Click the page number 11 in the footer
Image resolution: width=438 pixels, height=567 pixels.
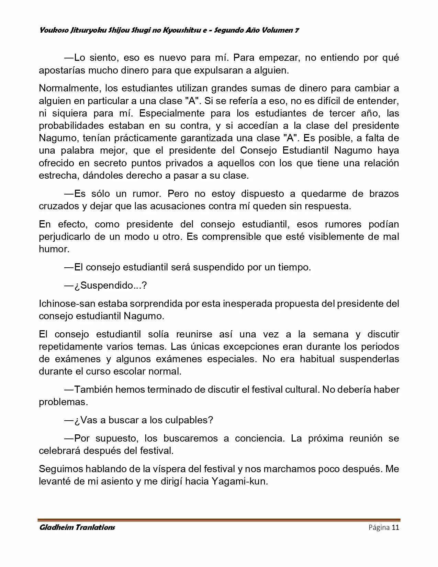[395, 527]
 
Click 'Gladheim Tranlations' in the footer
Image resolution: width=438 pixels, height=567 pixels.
[77, 527]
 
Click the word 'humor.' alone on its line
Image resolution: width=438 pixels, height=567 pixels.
[54, 249]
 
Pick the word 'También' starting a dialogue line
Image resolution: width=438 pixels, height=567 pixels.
[93, 390]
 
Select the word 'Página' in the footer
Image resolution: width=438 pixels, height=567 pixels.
[379, 527]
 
